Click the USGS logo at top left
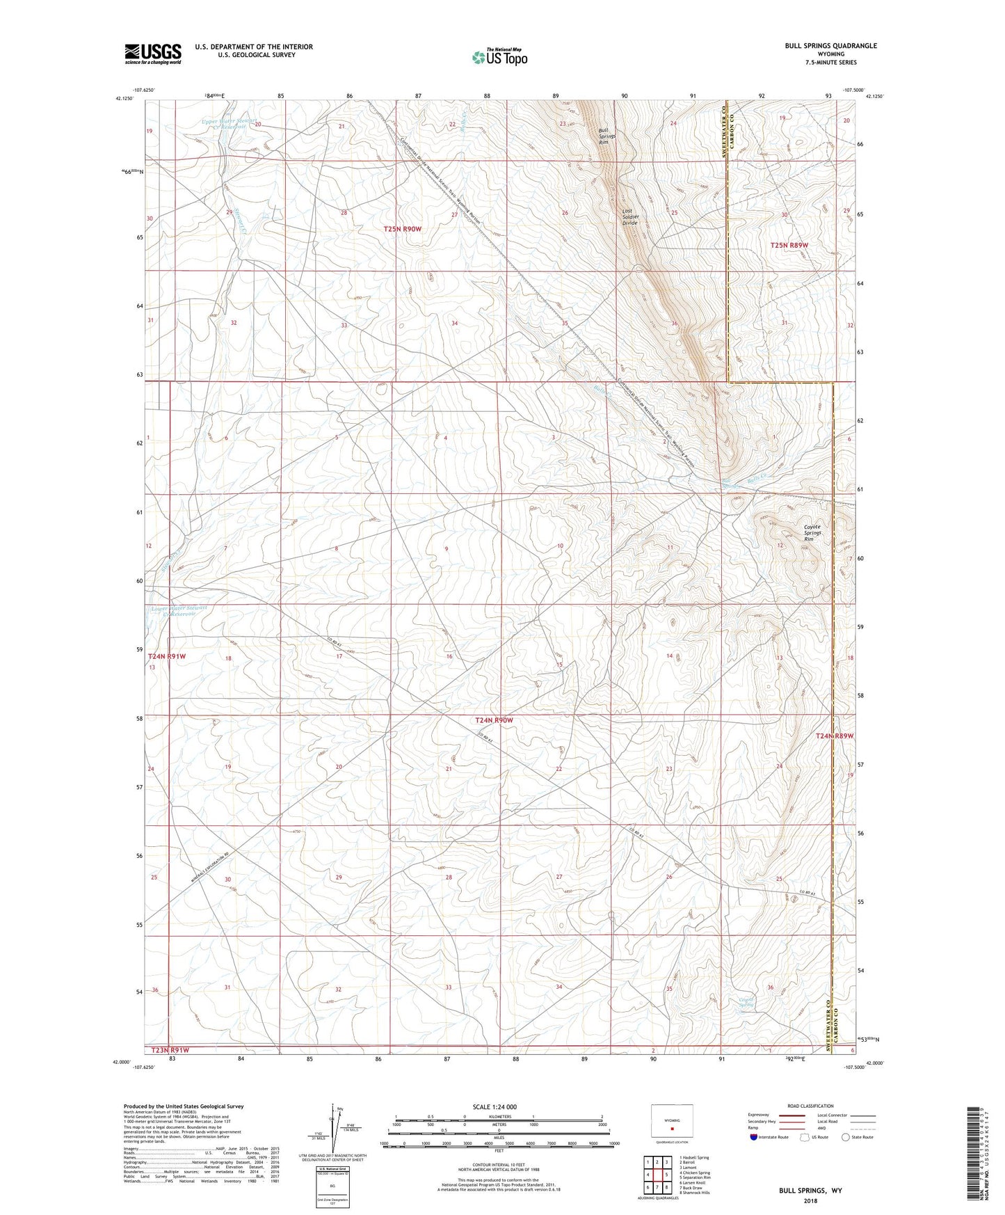153,54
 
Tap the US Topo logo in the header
499,57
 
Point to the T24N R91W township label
167,656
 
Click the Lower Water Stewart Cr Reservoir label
179,611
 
